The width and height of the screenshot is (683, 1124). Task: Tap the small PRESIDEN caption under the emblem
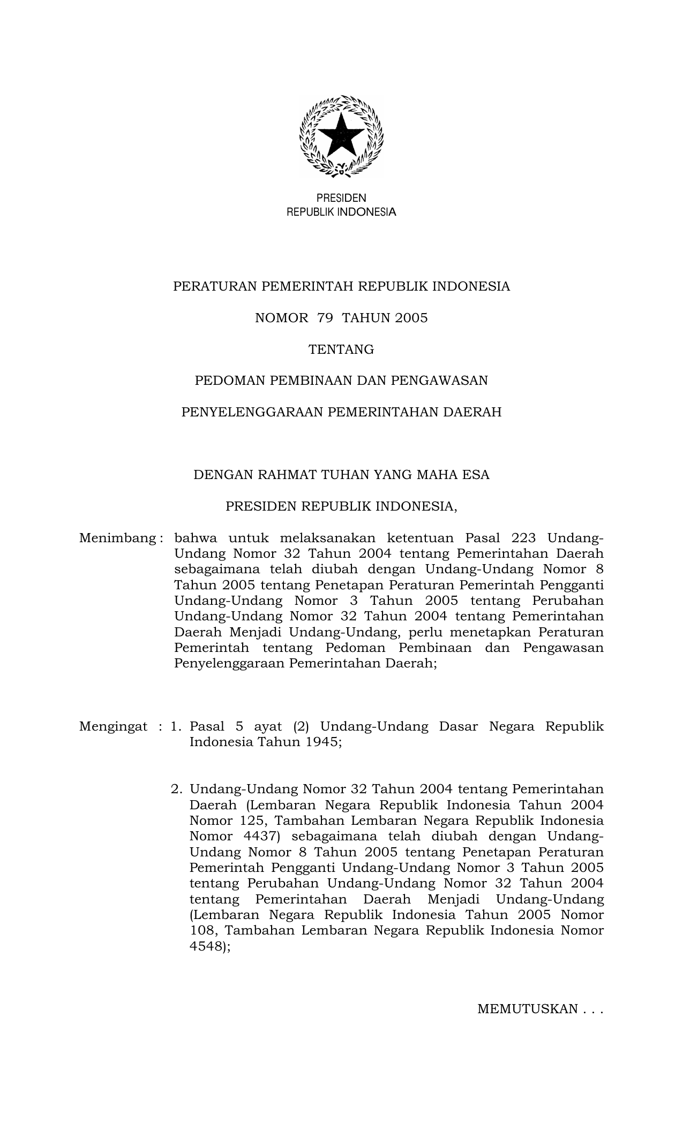click(341, 198)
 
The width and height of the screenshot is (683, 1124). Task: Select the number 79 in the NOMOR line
click(325, 318)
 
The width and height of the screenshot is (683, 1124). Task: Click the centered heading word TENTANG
click(341, 350)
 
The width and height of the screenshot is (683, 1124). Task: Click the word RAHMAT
click(283, 475)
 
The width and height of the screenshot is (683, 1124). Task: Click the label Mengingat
click(113, 727)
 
